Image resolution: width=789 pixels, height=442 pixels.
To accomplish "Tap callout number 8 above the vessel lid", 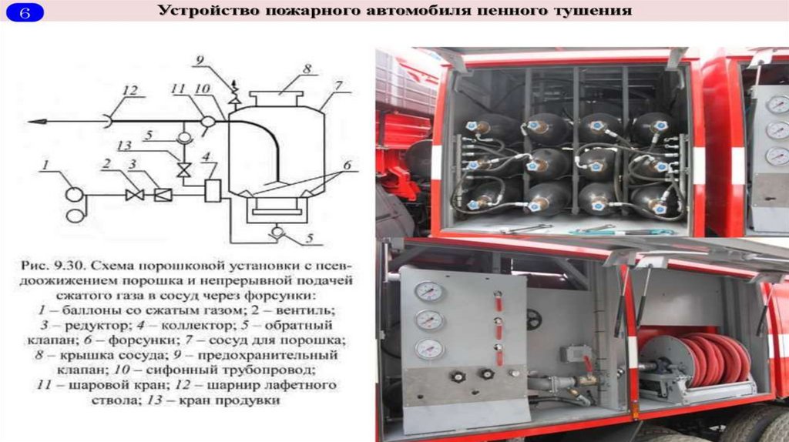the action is pyautogui.click(x=307, y=68).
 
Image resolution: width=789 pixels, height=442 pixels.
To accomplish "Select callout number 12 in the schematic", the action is pyautogui.click(x=129, y=90).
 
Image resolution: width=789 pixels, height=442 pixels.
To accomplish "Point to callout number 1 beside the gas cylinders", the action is pyautogui.click(x=45, y=165).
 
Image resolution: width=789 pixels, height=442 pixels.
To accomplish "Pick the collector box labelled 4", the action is pyautogui.click(x=213, y=190).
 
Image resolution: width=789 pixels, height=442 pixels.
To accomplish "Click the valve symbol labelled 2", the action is pyautogui.click(x=134, y=195).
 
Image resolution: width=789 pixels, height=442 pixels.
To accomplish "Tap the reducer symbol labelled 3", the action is pyautogui.click(x=163, y=195).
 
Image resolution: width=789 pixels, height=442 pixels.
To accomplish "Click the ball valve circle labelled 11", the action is pyautogui.click(x=207, y=122).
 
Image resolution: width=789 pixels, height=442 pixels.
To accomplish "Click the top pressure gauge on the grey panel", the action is pyautogui.click(x=428, y=291).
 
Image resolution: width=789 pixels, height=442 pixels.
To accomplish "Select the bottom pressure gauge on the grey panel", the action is pyautogui.click(x=428, y=349).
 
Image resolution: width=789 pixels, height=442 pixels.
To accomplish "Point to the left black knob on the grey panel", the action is pyautogui.click(x=458, y=376).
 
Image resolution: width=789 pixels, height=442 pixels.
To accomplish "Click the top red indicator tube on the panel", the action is pyautogui.click(x=499, y=301).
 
